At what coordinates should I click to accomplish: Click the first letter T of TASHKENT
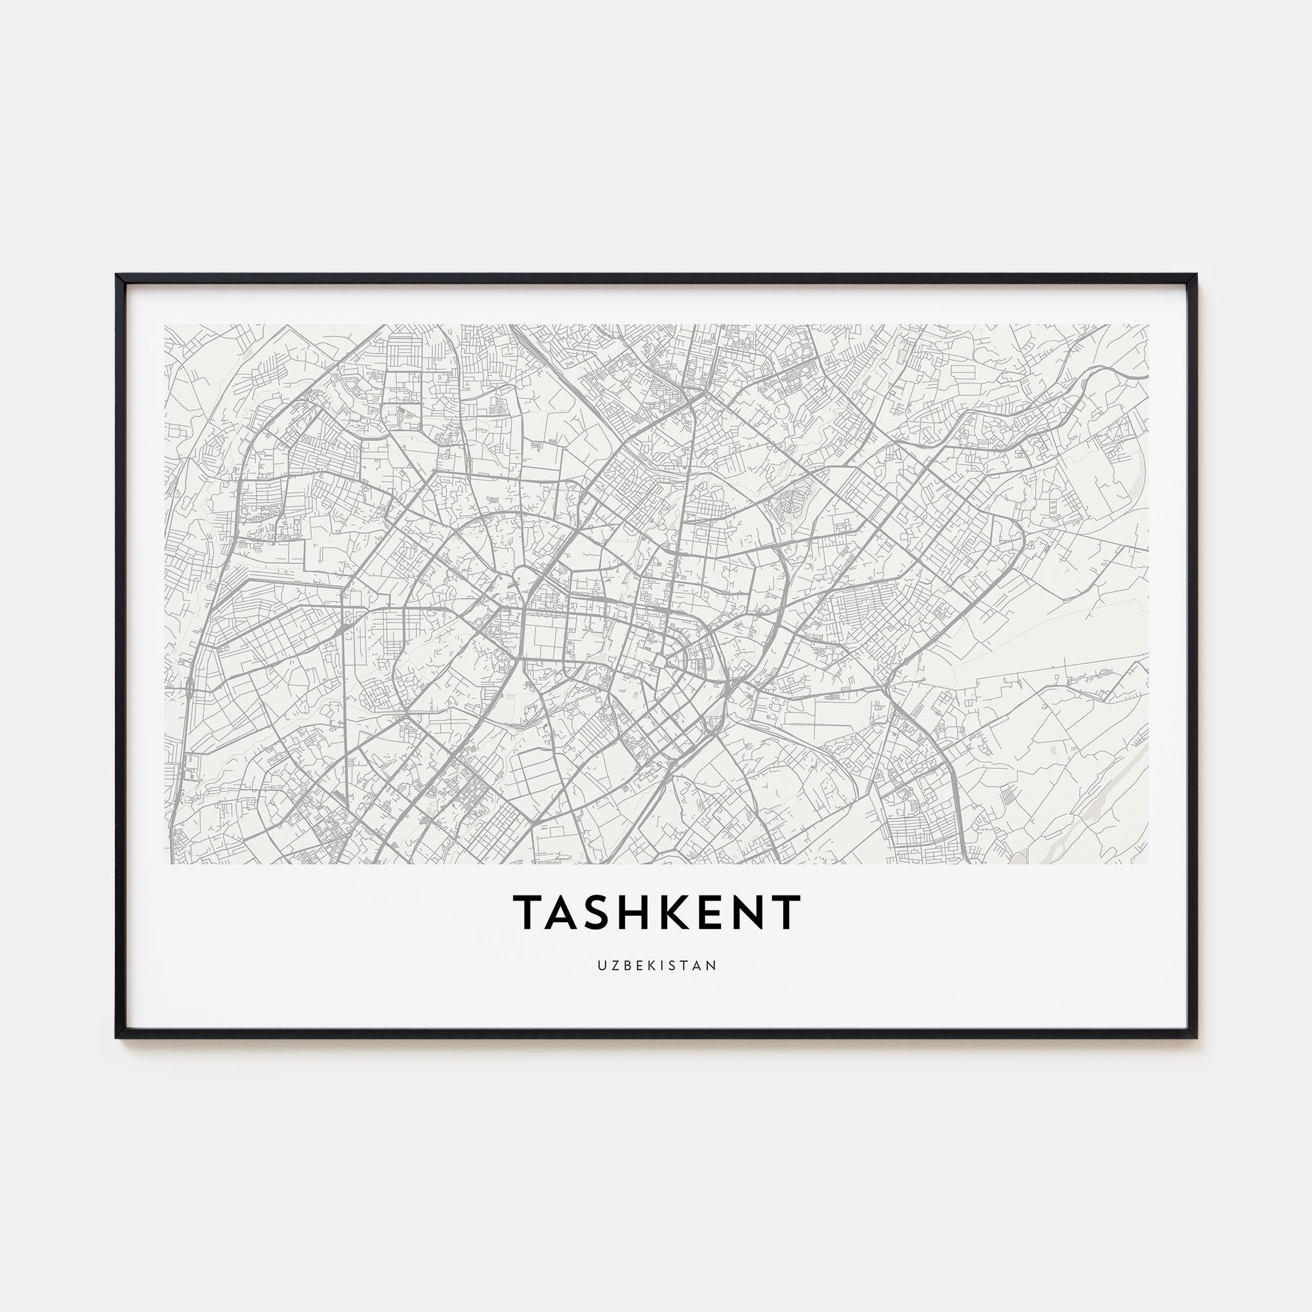(529, 911)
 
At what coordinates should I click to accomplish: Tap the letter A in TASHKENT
(567, 911)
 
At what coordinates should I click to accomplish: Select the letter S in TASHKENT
(604, 911)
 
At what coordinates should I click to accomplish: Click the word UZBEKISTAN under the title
(657, 965)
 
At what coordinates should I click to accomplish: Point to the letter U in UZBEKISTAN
(602, 965)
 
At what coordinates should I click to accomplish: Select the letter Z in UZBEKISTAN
(614, 965)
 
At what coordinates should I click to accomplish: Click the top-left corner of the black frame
(117, 276)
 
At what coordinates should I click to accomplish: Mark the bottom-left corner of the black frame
(117, 1038)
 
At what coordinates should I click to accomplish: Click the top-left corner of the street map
(165, 325)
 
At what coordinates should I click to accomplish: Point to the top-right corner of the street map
(1149, 325)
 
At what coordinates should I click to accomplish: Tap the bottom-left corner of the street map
(165, 863)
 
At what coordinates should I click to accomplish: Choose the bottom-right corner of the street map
(1149, 863)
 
